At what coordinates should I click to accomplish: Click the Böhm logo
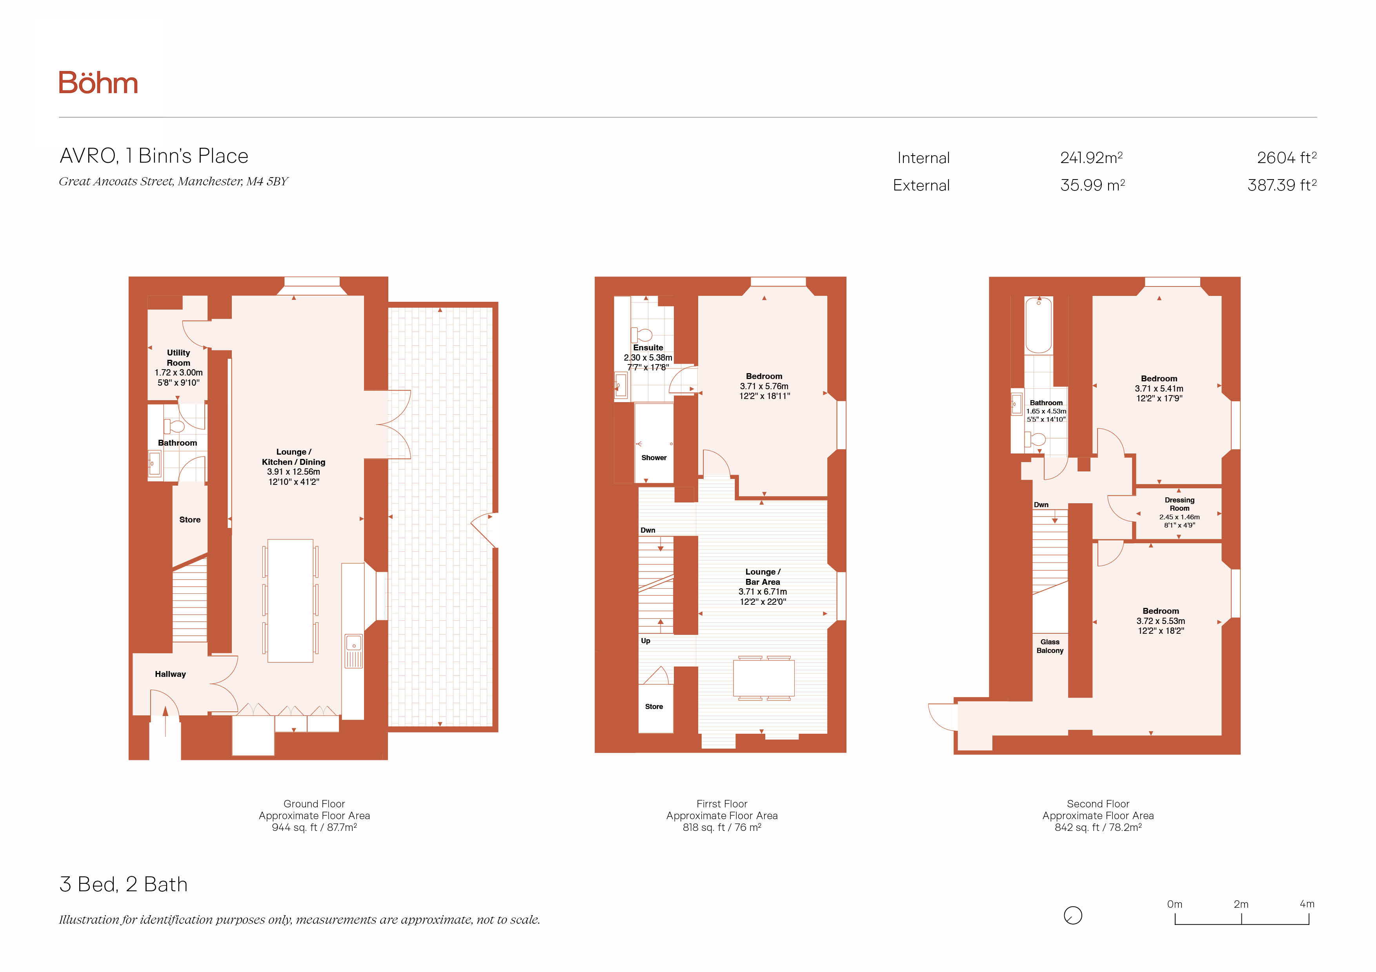98,83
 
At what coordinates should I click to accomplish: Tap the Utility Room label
178,357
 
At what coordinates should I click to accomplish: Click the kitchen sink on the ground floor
353,651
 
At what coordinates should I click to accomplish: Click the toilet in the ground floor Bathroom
175,426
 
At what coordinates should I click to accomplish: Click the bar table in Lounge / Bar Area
764,678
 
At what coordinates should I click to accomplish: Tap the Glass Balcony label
1050,646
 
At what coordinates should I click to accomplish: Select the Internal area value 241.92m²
1091,158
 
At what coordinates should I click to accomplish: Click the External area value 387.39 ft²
1282,185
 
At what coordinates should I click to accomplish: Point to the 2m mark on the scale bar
1241,919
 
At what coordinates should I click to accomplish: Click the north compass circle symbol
1073,916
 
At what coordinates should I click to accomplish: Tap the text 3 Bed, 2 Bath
124,885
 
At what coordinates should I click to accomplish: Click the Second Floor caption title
1098,804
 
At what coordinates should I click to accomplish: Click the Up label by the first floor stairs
646,641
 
